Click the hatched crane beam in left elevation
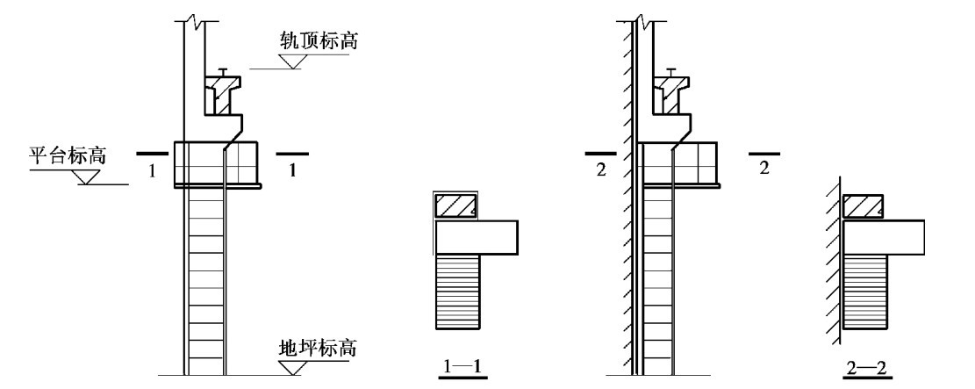pos(223,96)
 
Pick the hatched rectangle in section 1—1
pos(456,205)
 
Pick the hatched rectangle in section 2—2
pos(864,205)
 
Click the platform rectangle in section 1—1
pos(477,236)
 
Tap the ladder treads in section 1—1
pos(458,291)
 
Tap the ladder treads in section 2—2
pos(865,291)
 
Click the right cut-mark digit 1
pos(292,172)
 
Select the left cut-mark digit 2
pos(600,169)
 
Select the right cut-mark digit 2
pos(764,169)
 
